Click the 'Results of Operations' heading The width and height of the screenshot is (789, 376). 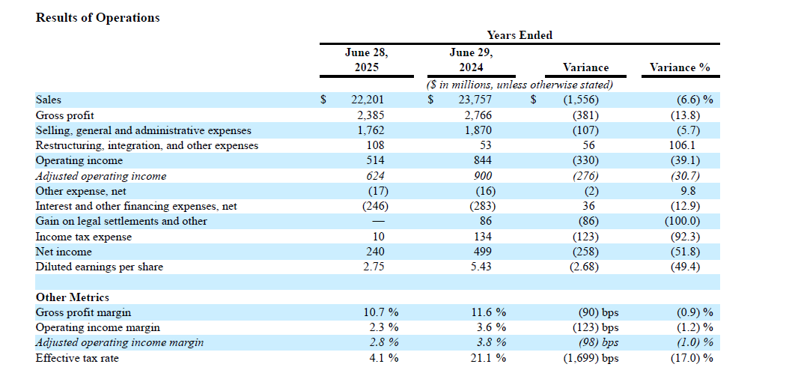pyautogui.click(x=97, y=17)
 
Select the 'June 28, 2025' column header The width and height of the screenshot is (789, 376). pyautogui.click(x=366, y=60)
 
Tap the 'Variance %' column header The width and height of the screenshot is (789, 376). pyautogui.click(x=680, y=67)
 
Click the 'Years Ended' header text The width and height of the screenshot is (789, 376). pyautogui.click(x=519, y=35)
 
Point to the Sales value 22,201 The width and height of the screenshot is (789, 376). pyautogui.click(x=367, y=100)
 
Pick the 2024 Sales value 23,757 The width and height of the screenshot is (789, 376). pyautogui.click(x=475, y=100)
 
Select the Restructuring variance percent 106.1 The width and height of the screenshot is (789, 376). pyautogui.click(x=684, y=145)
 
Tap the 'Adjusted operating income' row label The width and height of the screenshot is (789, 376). pyautogui.click(x=101, y=176)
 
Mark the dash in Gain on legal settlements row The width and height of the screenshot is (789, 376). pyautogui.click(x=378, y=222)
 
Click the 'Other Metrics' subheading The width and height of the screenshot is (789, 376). pyautogui.click(x=73, y=297)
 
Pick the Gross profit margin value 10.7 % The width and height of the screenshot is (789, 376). pyautogui.click(x=381, y=312)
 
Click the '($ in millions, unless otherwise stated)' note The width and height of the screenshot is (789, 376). pyautogui.click(x=520, y=85)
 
